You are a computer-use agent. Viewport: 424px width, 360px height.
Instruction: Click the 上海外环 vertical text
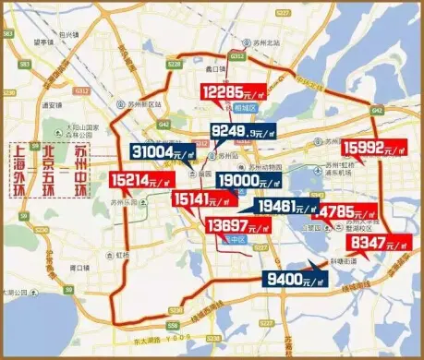[18, 170]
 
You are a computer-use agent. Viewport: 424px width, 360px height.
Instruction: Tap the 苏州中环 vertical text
[82, 170]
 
